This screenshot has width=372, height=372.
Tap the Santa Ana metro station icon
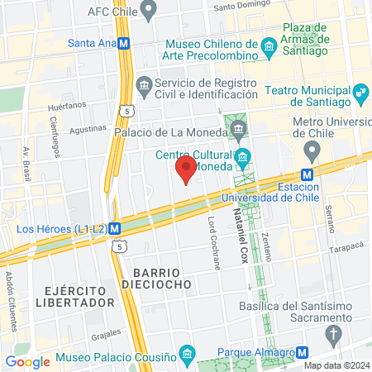[123, 43]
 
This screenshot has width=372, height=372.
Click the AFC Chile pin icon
[149, 12]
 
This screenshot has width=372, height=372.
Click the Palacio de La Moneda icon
[240, 128]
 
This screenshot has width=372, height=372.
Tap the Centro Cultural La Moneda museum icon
[243, 156]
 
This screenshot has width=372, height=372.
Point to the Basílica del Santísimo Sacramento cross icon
[334, 336]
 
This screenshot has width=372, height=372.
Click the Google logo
[27, 361]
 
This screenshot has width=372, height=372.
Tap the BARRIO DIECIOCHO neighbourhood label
[161, 277]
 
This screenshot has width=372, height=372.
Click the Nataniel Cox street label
[243, 231]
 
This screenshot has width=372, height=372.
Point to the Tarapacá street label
[348, 246]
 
